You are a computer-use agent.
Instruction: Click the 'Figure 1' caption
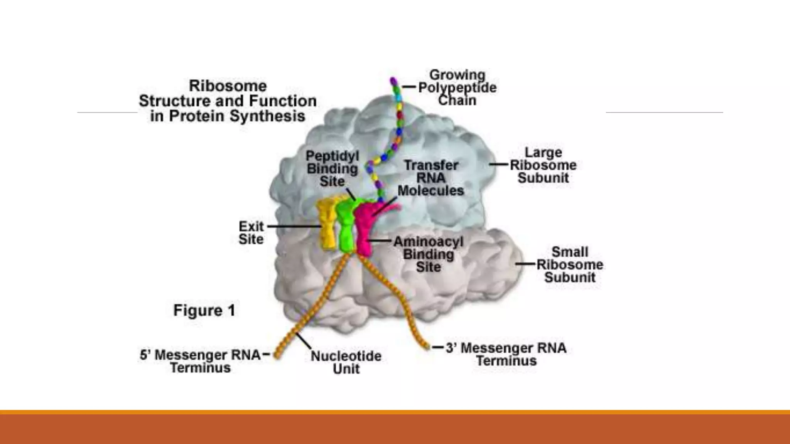[204, 310]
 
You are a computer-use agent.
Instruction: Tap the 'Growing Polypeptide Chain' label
[457, 87]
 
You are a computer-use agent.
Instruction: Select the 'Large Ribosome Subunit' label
[543, 165]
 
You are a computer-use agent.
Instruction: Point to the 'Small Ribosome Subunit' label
[570, 264]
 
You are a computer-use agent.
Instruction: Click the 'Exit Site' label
[251, 232]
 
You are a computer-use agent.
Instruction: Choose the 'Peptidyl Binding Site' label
[332, 168]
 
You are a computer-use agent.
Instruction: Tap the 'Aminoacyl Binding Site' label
[428, 254]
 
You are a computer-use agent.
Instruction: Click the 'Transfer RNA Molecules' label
[431, 178]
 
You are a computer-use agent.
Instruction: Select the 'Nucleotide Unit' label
[346, 362]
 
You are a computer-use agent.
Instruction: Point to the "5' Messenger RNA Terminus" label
[200, 361]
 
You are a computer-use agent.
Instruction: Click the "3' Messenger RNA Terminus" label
[506, 354]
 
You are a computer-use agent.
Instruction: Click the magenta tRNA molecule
[363, 229]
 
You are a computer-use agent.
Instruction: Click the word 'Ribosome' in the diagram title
[228, 86]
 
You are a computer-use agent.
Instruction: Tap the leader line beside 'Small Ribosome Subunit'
[526, 264]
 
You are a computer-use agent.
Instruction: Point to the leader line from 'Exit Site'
[293, 226]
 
